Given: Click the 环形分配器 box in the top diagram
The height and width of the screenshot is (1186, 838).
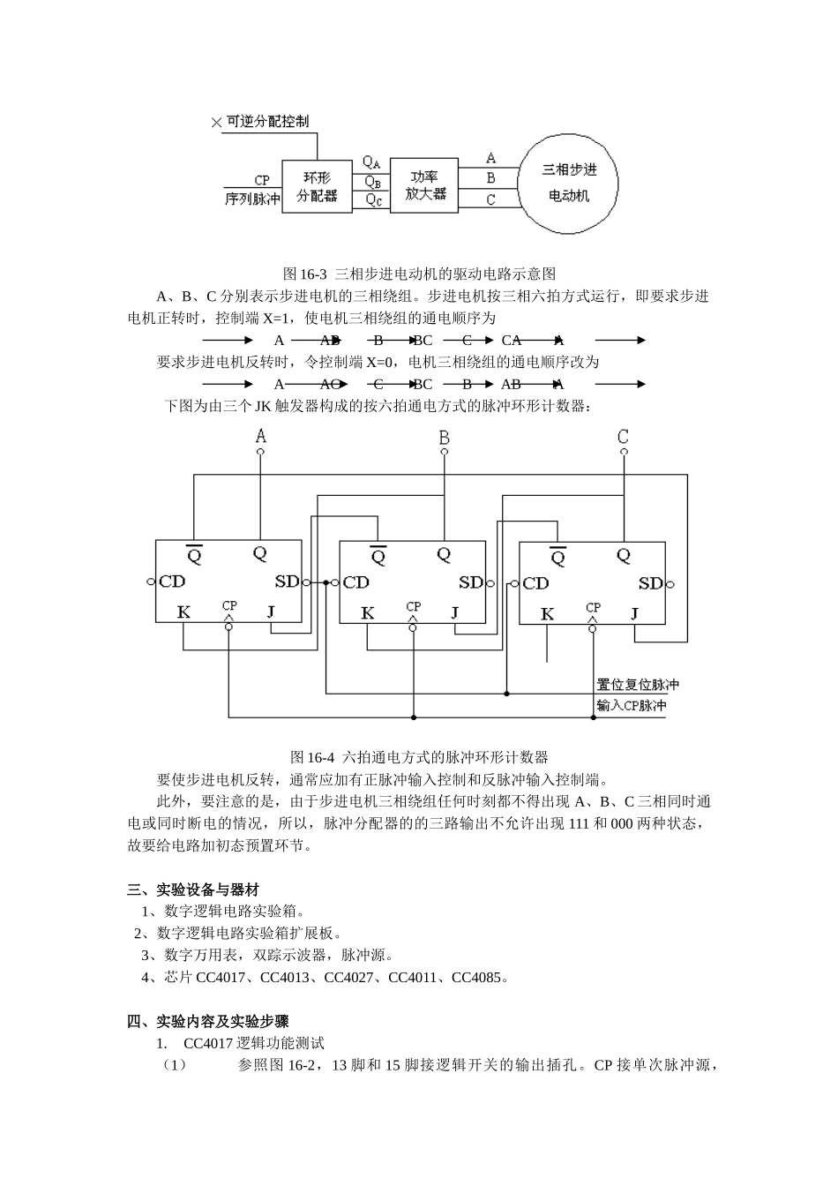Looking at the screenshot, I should [x=317, y=187].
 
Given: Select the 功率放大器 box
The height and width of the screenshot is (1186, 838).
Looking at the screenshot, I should [x=425, y=186].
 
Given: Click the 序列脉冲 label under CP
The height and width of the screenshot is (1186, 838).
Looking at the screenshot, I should [x=252, y=199].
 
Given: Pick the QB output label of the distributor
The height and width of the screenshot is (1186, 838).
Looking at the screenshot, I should [x=373, y=182].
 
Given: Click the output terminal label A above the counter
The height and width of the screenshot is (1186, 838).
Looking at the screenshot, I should [x=260, y=436].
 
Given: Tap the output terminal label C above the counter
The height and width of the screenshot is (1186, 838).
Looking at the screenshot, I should [x=623, y=437].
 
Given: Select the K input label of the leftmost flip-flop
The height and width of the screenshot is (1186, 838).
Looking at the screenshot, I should [x=183, y=612].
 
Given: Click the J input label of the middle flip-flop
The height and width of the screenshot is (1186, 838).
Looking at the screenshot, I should [x=455, y=612].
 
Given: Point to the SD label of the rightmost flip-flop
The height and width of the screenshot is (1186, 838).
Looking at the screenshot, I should [x=650, y=583].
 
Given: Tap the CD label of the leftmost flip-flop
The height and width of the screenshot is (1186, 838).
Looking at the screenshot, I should [x=172, y=582].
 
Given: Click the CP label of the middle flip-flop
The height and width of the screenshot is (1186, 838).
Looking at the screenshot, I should [x=413, y=606].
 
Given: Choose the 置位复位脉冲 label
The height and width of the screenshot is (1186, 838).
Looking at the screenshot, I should [x=638, y=685].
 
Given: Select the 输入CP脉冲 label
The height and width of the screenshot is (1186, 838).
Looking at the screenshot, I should [x=632, y=706].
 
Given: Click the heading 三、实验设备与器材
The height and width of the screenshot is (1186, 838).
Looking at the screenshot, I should [x=193, y=889].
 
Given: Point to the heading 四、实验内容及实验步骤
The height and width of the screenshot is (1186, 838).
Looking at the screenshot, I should [x=208, y=1022].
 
